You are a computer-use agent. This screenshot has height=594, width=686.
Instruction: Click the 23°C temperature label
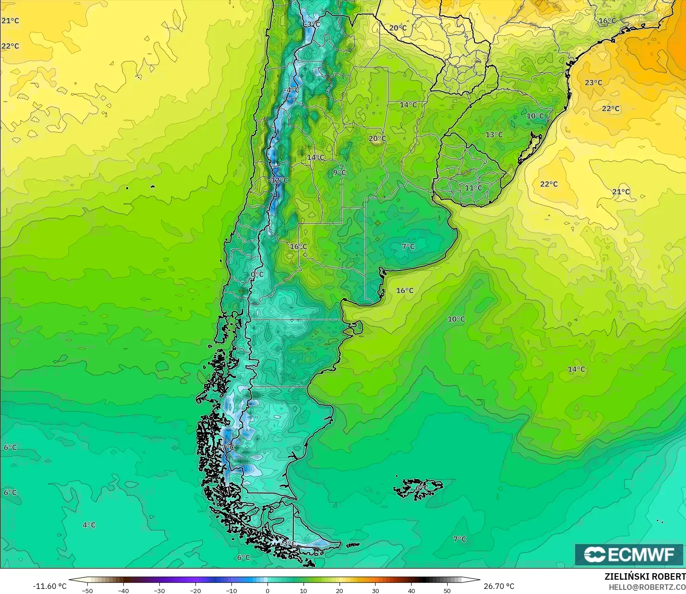(594, 83)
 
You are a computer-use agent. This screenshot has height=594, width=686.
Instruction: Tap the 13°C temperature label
(494, 135)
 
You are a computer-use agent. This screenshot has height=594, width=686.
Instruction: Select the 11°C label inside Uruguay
(474, 188)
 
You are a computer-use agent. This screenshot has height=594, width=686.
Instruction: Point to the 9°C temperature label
(340, 173)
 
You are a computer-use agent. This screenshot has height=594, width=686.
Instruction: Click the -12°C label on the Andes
(279, 180)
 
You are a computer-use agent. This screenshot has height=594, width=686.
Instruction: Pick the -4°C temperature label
(292, 90)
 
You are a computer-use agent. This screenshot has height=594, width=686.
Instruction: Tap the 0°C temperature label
(257, 274)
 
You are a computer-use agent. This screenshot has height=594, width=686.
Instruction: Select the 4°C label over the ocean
(89, 525)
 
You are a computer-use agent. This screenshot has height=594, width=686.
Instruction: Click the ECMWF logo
(629, 554)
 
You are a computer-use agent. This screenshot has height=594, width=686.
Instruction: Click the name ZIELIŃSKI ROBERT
(645, 576)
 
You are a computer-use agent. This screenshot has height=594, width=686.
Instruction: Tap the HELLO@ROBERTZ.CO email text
(647, 587)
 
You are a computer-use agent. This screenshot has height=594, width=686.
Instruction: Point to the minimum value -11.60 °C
(50, 586)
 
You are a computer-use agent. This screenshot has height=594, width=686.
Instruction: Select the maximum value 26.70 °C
(499, 586)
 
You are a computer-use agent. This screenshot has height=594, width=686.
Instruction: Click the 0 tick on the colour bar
(267, 590)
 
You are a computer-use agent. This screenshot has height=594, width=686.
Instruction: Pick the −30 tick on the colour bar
(159, 590)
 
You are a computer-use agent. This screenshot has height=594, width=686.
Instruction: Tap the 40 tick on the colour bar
(411, 590)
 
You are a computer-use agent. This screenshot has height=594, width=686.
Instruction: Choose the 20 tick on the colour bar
(339, 590)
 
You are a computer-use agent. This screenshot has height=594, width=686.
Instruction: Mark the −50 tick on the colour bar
(87, 590)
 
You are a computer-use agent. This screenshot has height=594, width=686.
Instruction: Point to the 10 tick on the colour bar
(303, 590)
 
